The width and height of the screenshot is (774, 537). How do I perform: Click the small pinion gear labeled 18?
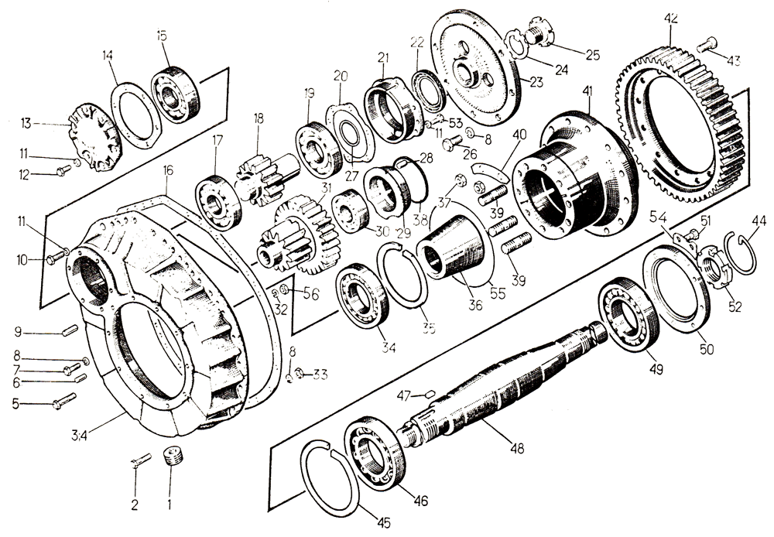(x=258, y=176)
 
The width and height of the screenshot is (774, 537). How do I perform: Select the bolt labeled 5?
(x=63, y=402)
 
